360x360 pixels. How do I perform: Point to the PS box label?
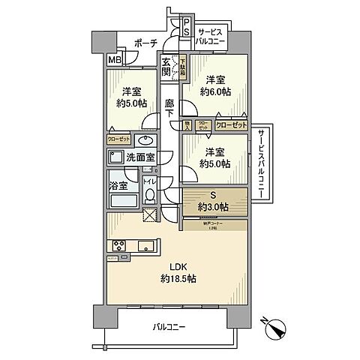click(x=187, y=32)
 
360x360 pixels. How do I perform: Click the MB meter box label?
click(x=115, y=60)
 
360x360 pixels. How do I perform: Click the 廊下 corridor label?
click(x=169, y=108)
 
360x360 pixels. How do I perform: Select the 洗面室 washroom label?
click(x=140, y=157)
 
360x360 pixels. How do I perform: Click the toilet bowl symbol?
click(x=149, y=196)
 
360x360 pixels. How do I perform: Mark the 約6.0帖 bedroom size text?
click(x=216, y=91)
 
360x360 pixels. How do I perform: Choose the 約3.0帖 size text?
click(x=214, y=206)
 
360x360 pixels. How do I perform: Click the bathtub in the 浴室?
click(x=122, y=201)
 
